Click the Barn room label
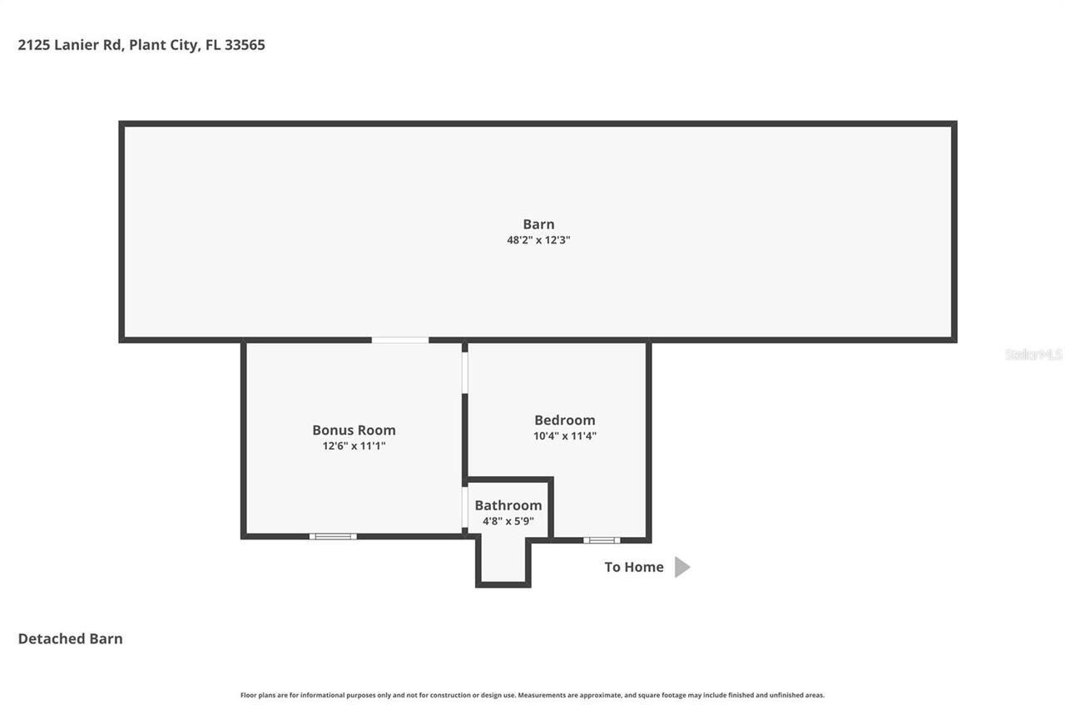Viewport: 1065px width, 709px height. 538,224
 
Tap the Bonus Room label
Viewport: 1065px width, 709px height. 354,430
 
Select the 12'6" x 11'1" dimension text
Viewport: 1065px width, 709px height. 354,446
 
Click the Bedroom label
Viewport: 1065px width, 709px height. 564,420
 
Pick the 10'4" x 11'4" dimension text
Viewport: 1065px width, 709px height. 564,436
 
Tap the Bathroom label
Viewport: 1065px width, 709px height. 508,505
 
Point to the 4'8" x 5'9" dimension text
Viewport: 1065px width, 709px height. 508,521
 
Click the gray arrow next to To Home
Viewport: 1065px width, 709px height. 681,567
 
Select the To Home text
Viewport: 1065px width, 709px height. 633,567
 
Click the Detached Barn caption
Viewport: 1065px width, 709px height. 70,638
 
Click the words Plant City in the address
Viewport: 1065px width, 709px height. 164,45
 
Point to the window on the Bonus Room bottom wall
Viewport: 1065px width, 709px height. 333,536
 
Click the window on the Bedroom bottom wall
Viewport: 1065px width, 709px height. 601,540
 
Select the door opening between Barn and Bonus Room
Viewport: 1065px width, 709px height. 399,340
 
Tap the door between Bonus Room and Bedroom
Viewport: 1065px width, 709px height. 465,372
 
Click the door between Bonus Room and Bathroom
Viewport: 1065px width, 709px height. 464,507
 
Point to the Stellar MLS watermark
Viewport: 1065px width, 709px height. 1033,354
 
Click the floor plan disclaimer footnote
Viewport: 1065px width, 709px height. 532,695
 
